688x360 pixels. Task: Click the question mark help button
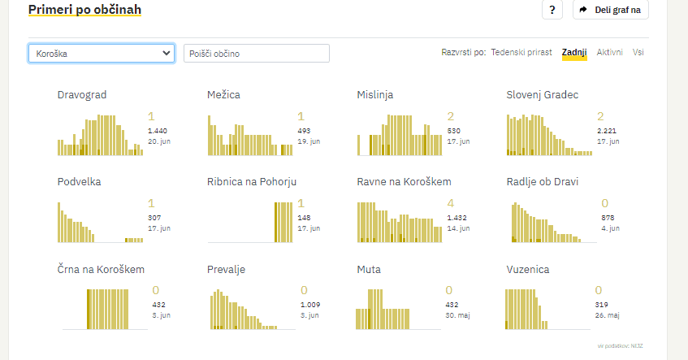pos(552,10)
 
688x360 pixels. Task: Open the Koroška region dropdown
pos(102,54)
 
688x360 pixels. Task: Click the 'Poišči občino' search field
pos(256,54)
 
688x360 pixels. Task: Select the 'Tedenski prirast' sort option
pos(521,53)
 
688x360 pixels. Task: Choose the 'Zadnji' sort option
pos(574,53)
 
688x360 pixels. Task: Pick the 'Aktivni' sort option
pos(609,53)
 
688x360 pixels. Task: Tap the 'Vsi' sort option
pos(638,53)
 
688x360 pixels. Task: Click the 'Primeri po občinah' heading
pos(84,10)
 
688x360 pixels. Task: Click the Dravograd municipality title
pos(82,95)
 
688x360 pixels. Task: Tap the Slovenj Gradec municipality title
pos(542,95)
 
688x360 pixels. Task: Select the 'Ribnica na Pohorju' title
pos(252,182)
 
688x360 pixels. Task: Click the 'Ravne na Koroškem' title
pos(404,182)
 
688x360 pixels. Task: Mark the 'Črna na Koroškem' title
pos(101,269)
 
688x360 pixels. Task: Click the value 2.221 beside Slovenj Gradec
pos(607,130)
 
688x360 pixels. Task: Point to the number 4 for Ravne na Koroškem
pos(450,203)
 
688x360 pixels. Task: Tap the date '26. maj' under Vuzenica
pos(608,314)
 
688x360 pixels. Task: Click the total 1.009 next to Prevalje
pos(310,305)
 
